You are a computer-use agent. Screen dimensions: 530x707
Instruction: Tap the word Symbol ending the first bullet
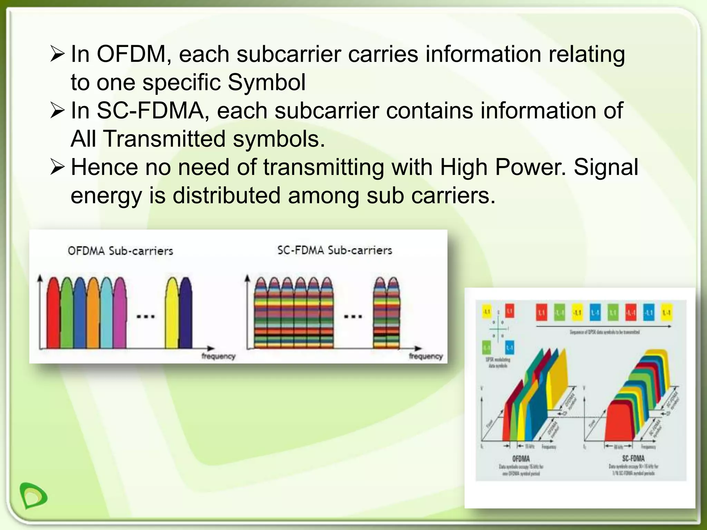coord(267,82)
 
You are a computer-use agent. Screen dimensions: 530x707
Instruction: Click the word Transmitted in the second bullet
coord(165,139)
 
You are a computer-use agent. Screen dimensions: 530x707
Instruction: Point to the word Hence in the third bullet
coord(104,167)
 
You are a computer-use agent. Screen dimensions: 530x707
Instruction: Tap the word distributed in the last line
coord(226,196)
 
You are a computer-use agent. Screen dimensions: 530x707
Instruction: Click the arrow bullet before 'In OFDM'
coord(57,54)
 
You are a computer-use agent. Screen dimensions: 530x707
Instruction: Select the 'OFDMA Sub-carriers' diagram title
coord(120,251)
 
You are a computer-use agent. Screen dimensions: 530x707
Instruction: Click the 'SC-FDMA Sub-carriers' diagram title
coord(335,250)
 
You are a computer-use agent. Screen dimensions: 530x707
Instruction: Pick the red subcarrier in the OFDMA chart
coord(53,314)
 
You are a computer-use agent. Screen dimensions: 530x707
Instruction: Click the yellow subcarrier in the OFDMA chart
coord(171,314)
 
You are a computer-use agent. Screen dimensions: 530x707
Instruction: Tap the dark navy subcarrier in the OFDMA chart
coord(186,314)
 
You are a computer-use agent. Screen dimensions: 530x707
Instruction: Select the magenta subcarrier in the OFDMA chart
coord(120,314)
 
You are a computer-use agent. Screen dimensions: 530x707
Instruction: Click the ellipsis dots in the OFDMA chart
coord(145,316)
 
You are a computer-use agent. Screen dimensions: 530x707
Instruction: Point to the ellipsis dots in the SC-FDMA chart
coord(353,316)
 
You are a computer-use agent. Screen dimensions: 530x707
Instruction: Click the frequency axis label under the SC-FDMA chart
coord(425,356)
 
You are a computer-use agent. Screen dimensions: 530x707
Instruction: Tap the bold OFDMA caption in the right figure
coord(521,459)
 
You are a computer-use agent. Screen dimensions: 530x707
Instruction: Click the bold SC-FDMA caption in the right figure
coord(633,459)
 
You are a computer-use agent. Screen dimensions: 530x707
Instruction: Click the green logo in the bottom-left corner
coord(33,495)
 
